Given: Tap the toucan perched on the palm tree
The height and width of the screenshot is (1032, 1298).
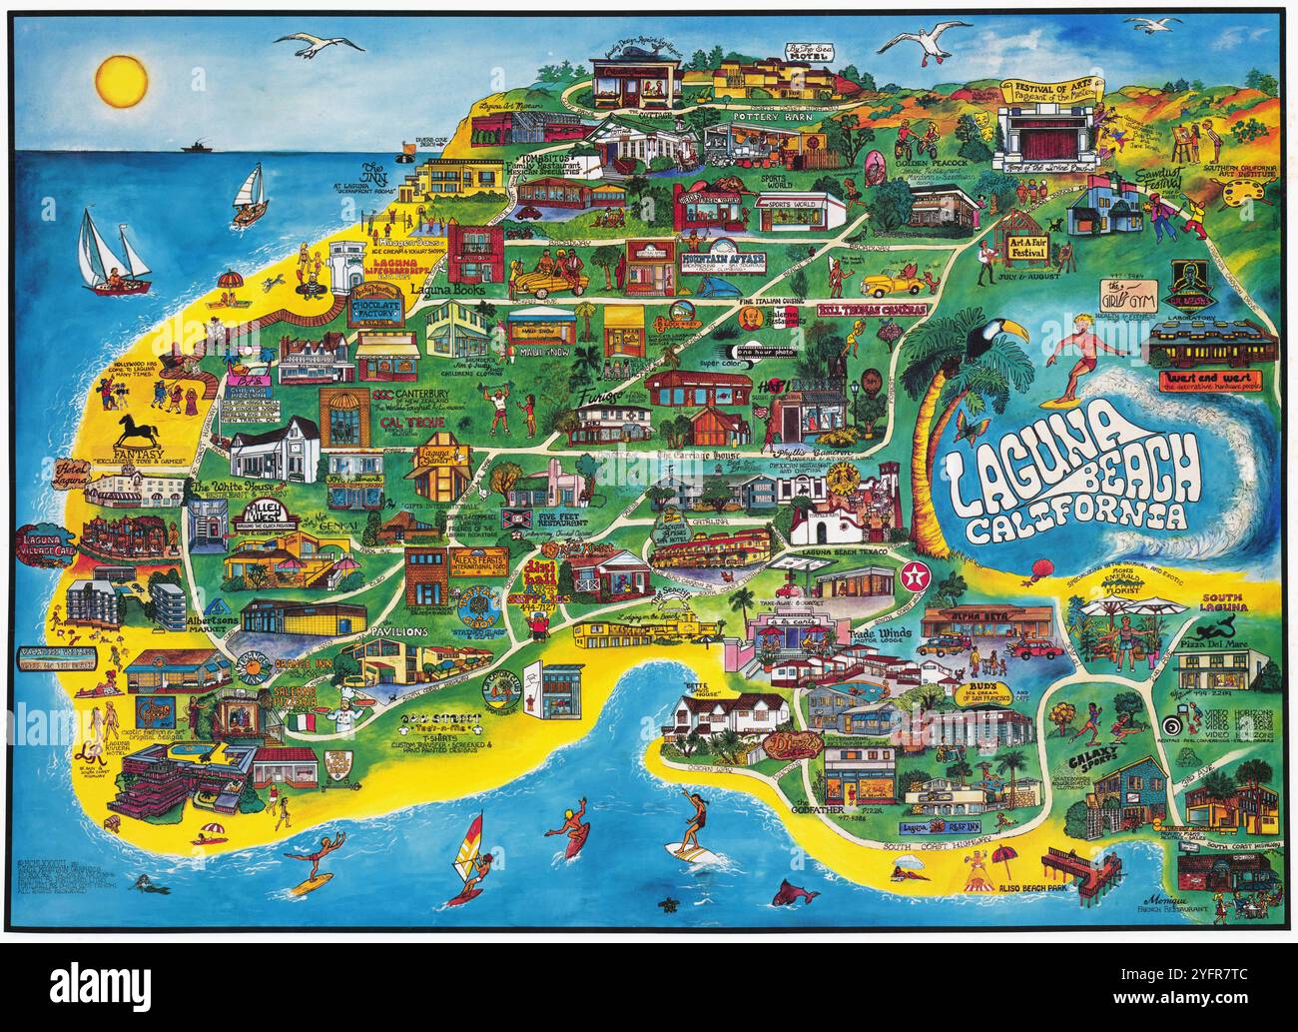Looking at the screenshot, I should [983, 340].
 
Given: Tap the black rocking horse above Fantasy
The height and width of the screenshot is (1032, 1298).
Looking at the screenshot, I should [137, 434].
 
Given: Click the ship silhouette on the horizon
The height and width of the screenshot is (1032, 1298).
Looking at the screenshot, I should [197, 148].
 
